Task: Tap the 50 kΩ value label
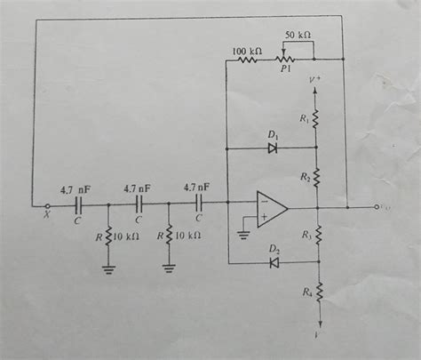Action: point(298,34)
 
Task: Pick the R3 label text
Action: point(305,236)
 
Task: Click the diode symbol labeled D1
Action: point(272,148)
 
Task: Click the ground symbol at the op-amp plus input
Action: point(242,236)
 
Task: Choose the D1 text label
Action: point(273,135)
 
